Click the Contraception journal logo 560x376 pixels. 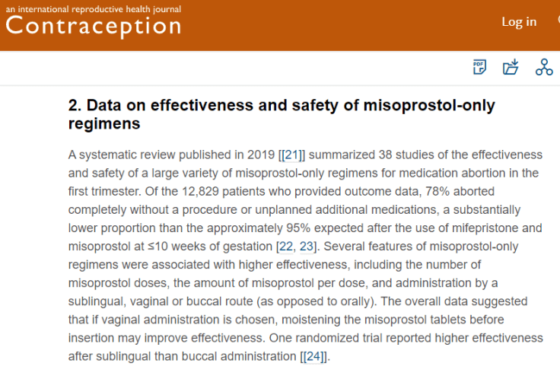point(93,27)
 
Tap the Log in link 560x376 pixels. point(519,21)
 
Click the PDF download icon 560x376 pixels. point(479,67)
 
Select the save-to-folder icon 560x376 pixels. point(511,67)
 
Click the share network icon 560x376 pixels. point(544,67)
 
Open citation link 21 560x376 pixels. point(291,155)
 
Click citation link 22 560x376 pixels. point(285,246)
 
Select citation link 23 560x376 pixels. point(307,246)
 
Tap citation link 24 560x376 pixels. point(314,355)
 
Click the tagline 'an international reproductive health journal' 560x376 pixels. point(94,9)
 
